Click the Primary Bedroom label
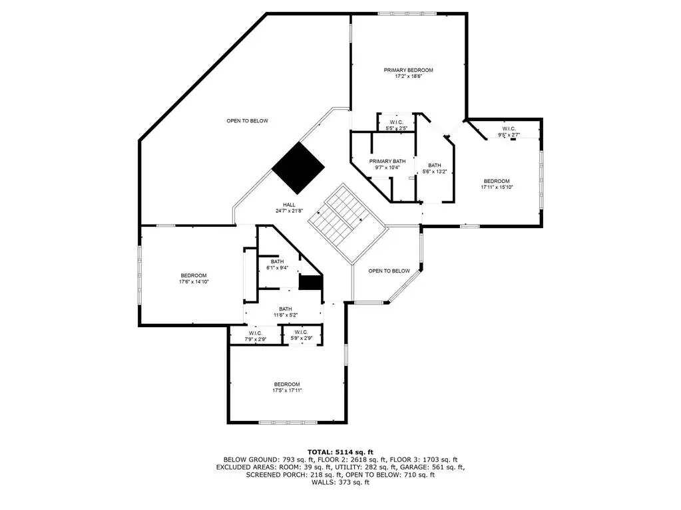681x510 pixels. [408, 70]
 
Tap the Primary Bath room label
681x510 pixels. [387, 162]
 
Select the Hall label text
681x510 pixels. [290, 205]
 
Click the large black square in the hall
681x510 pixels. [298, 168]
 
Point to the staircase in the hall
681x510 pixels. [348, 223]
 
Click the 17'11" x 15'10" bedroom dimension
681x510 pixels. [497, 188]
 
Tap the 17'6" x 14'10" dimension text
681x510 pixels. [194, 281]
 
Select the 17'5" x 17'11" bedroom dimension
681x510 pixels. [287, 390]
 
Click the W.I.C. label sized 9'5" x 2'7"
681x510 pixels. [509, 129]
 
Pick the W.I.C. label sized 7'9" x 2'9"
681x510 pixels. [256, 333]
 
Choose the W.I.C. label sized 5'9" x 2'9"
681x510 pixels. [301, 332]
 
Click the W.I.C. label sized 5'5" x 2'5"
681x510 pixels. [397, 122]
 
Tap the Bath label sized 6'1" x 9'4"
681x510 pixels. [277, 261]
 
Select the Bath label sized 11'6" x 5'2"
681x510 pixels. [286, 309]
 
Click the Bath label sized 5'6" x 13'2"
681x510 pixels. [434, 165]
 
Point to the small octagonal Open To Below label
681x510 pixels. [389, 271]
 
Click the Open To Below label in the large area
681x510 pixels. [248, 120]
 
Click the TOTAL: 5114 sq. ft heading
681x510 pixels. [341, 452]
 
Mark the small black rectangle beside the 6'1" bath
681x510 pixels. [310, 283]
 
